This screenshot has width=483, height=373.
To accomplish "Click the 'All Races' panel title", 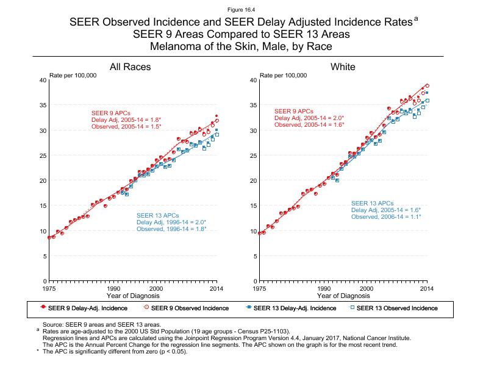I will [130, 67].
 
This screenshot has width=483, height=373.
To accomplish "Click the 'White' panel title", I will [343, 67].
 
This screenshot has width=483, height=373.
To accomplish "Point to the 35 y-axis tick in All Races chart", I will [42, 105].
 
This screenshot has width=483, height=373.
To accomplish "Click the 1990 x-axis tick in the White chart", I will [324, 288].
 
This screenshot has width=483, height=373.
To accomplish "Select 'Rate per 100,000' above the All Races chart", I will [72, 76].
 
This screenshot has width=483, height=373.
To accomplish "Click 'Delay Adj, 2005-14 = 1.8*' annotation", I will [126, 120].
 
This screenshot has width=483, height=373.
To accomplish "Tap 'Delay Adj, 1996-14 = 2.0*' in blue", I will [171, 222].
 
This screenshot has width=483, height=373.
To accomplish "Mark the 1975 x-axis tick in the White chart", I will [260, 288].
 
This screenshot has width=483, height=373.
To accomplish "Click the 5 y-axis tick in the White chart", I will [254, 256].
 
